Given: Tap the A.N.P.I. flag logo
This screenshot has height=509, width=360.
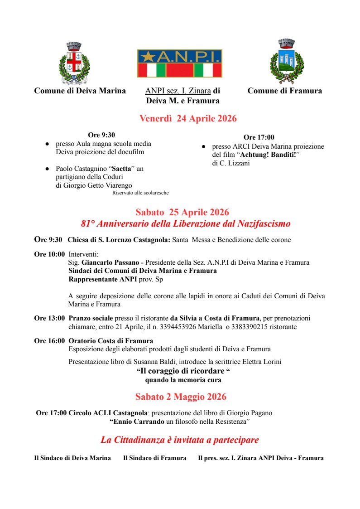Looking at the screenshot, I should point(180,63).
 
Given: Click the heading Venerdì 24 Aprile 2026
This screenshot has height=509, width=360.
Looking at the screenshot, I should point(188,119).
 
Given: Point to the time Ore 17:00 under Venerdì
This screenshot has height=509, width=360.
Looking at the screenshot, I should point(259,137).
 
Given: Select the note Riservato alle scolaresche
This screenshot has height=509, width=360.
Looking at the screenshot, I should point(140,193).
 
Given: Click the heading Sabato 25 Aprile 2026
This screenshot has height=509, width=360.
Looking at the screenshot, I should point(182,212).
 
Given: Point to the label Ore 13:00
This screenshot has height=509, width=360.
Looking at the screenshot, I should point(49,318).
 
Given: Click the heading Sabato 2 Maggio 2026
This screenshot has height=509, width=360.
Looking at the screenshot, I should point(181,397).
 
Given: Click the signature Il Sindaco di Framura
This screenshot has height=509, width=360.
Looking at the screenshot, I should point(154,458).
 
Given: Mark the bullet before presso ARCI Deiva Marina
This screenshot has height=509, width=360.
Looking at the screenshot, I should point(204,147).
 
